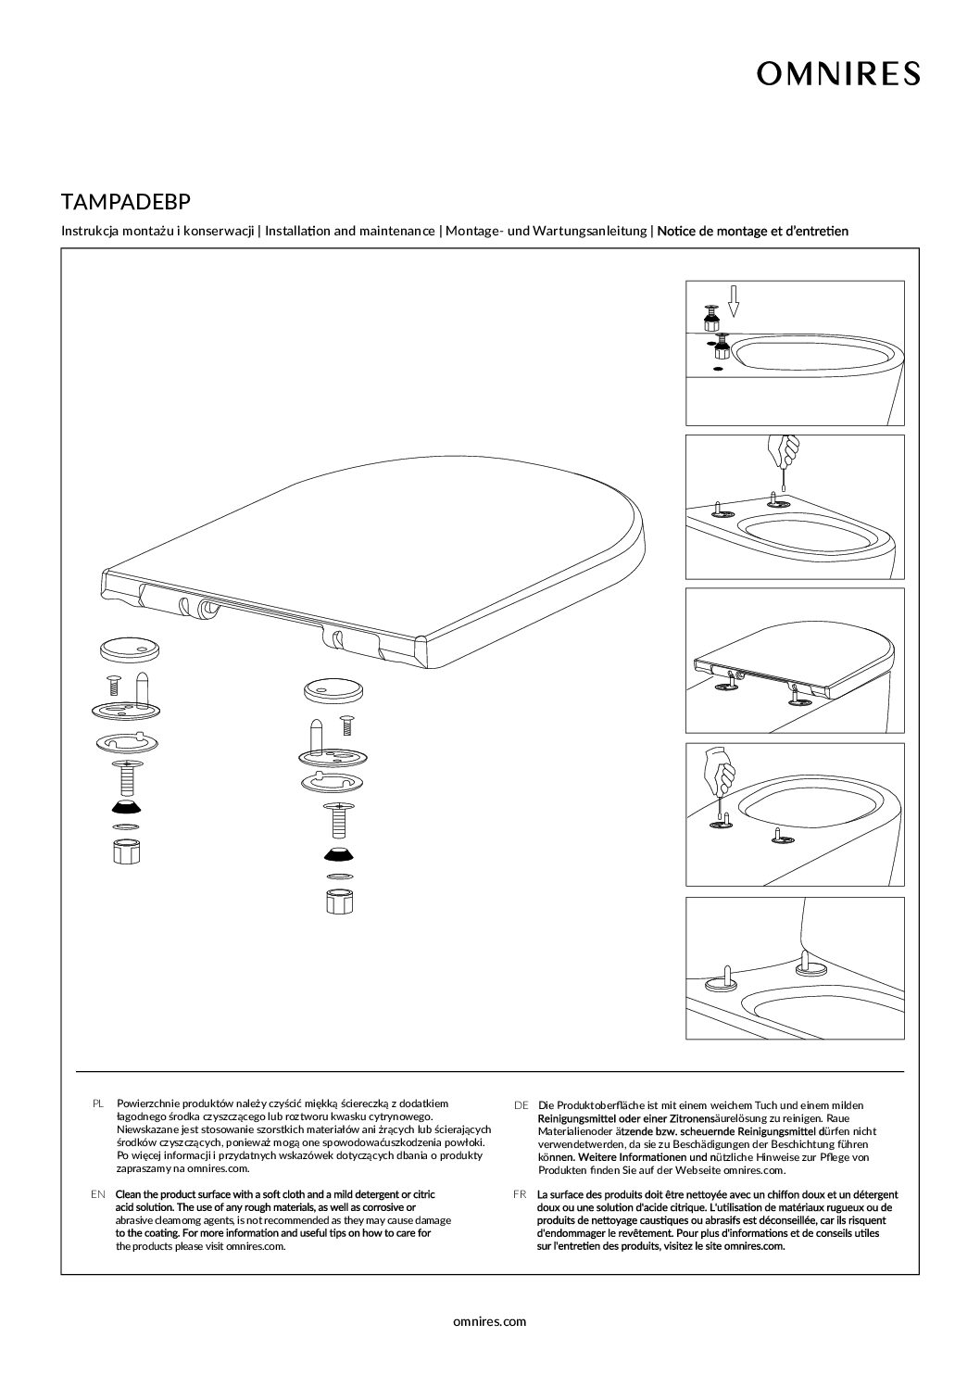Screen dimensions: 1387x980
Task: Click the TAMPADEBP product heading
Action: pos(126,201)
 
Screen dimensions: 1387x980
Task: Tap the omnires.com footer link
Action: pos(490,1321)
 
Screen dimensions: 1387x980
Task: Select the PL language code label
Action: pos(99,1103)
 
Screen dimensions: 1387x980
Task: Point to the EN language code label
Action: pos(98,1194)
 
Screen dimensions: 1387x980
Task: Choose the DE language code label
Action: pos(521,1105)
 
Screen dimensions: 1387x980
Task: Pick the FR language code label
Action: pos(520,1194)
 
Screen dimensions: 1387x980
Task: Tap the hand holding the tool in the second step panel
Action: pos(786,452)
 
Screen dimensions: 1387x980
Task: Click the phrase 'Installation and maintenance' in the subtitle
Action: pos(349,231)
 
